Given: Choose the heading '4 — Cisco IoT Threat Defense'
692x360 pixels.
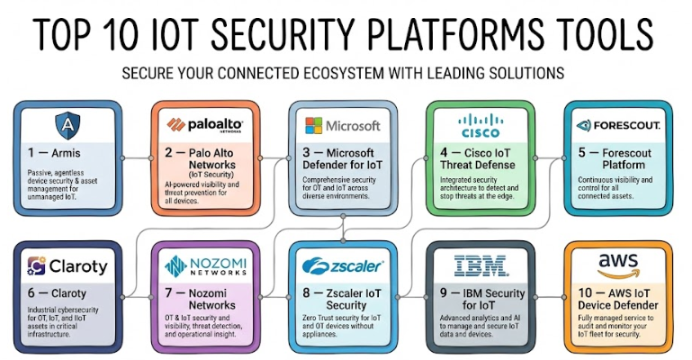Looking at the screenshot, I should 479,158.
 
